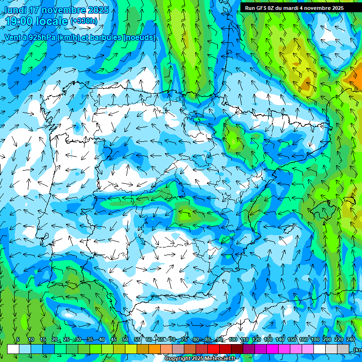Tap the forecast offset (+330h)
pos(84,21)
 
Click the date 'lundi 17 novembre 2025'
pos(56,10)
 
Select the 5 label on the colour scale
pos(17,340)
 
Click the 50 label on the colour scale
pos(125,340)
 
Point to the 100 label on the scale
pos(232,340)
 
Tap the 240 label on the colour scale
pos(351,340)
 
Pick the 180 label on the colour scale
pos(315,340)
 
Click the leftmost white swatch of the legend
pos(13,349)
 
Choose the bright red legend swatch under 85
pos(214,349)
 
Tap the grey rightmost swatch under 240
pos(343,349)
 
